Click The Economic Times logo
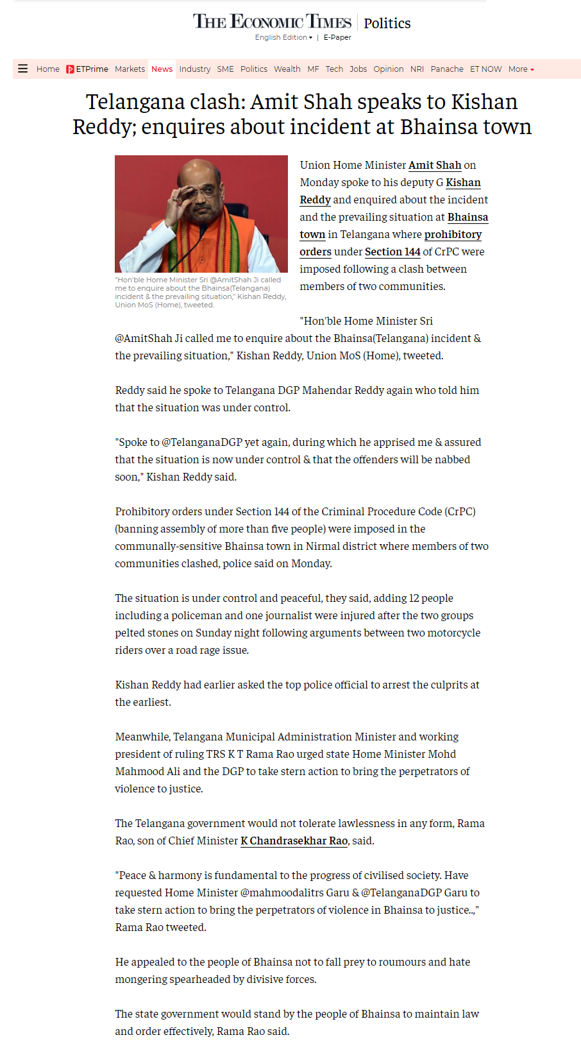point(272,22)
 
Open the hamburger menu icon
point(23,69)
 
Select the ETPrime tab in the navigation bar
point(87,69)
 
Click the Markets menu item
point(130,69)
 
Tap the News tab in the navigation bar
point(162,69)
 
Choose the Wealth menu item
point(287,69)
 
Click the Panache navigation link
point(446,69)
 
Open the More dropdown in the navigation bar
point(521,69)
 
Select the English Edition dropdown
point(283,37)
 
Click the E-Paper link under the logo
point(337,37)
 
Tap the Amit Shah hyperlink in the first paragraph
point(435,165)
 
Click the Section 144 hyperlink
point(392,252)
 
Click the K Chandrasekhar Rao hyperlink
point(294,841)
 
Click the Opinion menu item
point(389,69)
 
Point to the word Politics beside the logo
point(387,23)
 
